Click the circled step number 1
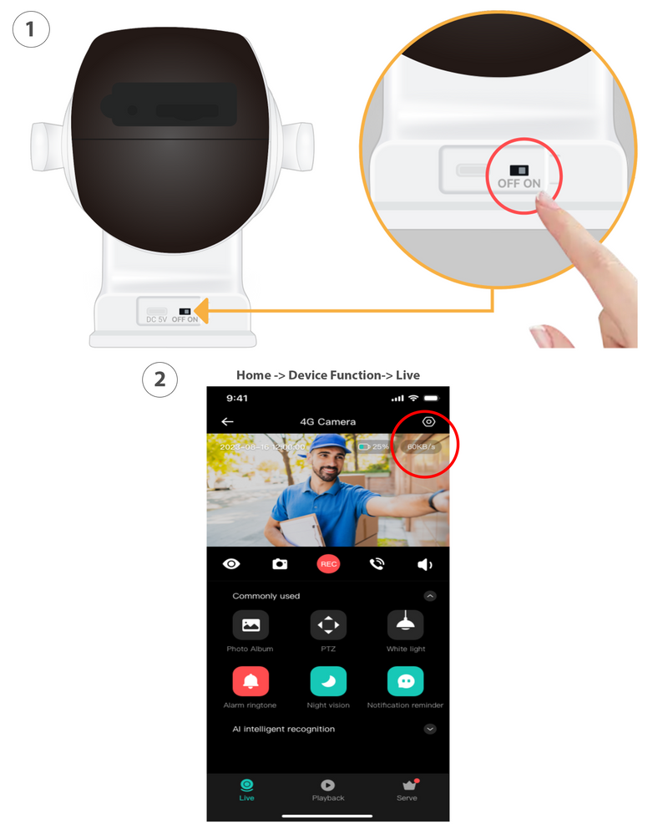(x=31, y=31)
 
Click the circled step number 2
(x=159, y=380)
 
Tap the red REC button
(x=328, y=564)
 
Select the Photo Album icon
(x=250, y=624)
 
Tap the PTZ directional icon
(x=328, y=624)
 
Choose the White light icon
(x=406, y=624)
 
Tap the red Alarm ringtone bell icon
(x=250, y=682)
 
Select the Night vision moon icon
(x=328, y=682)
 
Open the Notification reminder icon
(x=406, y=682)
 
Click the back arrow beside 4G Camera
(x=227, y=422)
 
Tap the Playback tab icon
(x=328, y=785)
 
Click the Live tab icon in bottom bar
(x=246, y=785)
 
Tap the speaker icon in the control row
(x=425, y=565)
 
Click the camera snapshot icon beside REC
(x=280, y=564)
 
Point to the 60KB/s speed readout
(x=420, y=447)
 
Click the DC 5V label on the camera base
(x=157, y=320)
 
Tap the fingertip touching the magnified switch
(x=547, y=201)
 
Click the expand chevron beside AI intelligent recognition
(x=430, y=729)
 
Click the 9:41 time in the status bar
(x=236, y=398)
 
